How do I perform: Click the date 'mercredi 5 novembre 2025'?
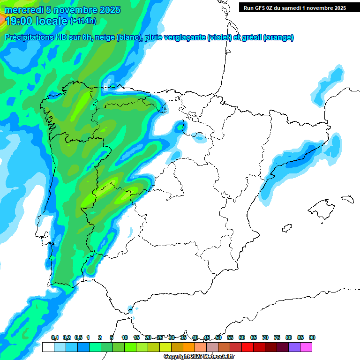[62, 10]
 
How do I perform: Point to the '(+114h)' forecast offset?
[83, 21]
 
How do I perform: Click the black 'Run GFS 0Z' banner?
[294, 7]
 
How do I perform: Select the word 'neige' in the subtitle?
[105, 37]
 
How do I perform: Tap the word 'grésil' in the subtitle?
[251, 37]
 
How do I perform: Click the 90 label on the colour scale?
[312, 337]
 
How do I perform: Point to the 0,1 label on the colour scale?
[55, 337]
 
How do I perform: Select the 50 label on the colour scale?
[218, 337]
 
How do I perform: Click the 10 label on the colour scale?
[125, 337]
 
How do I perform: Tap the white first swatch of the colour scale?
[48, 347]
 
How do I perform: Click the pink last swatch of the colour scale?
[306, 347]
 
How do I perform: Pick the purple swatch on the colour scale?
[294, 347]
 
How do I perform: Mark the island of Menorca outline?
[347, 199]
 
